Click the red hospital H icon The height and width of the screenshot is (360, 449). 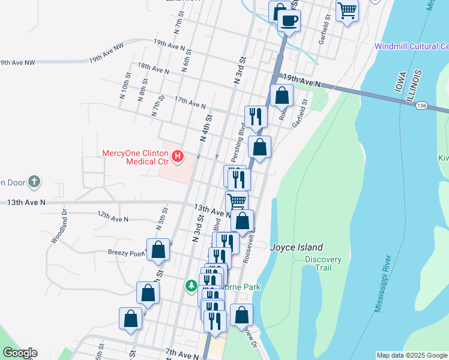click(x=177, y=157)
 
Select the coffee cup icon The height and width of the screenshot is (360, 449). click(x=289, y=20)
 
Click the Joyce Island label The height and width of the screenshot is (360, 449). click(x=297, y=247)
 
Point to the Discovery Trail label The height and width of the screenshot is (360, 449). click(x=323, y=263)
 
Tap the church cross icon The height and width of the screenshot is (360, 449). click(x=35, y=181)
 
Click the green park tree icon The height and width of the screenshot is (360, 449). click(x=191, y=286)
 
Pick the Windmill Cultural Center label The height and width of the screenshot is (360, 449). click(x=411, y=46)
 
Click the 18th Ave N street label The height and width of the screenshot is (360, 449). click(x=153, y=68)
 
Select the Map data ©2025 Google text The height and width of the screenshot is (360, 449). click(x=411, y=355)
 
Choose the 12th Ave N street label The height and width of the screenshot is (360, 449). click(x=113, y=217)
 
